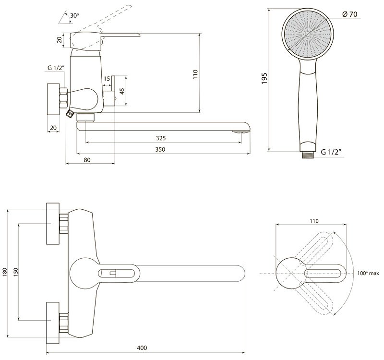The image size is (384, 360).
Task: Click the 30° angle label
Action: click(74, 15)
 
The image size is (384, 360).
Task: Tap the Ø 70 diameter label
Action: click(350, 14)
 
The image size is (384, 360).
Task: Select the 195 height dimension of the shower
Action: click(264, 78)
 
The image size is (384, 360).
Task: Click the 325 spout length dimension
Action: click(161, 138)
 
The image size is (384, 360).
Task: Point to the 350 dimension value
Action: click(160, 149)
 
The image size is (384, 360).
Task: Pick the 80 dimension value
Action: click(87, 160)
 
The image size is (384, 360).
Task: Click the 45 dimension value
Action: click(122, 91)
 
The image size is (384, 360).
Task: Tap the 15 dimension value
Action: click(107, 79)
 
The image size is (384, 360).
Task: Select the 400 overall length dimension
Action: click(142, 348)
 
